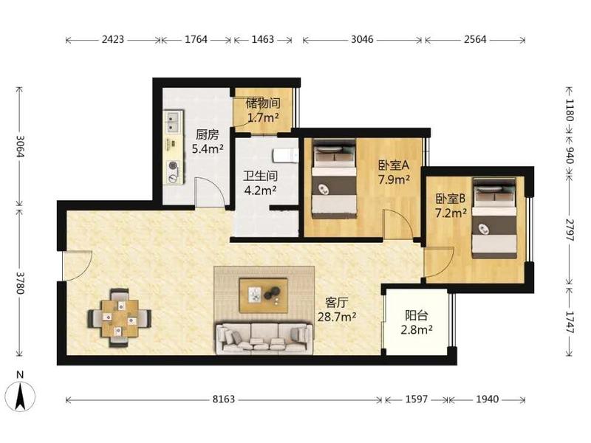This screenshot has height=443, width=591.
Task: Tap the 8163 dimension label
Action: tap(224, 399)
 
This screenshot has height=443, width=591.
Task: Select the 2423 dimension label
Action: tap(113, 39)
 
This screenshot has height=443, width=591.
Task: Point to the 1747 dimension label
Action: tap(570, 322)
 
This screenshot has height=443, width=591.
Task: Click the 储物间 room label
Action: tap(263, 103)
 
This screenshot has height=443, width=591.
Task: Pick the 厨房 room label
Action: tap(208, 134)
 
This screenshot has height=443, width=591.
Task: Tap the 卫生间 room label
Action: tap(260, 176)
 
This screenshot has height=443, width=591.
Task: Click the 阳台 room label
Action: tap(416, 316)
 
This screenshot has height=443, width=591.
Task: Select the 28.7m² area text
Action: tap(337, 317)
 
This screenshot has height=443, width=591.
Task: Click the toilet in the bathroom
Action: tap(285, 156)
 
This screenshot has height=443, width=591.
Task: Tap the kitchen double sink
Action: tap(172, 121)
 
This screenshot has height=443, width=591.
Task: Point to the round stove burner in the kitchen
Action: tap(173, 165)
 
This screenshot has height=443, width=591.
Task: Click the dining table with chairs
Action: tap(120, 318)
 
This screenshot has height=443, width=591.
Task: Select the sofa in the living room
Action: tap(264, 338)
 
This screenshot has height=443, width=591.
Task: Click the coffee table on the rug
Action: tap(264, 296)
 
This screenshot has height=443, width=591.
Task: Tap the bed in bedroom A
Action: tap(335, 179)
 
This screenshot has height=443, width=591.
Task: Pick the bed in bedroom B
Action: tap(494, 219)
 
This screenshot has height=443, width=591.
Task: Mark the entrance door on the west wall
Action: tap(77, 266)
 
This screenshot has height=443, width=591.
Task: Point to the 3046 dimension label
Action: tap(362, 39)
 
